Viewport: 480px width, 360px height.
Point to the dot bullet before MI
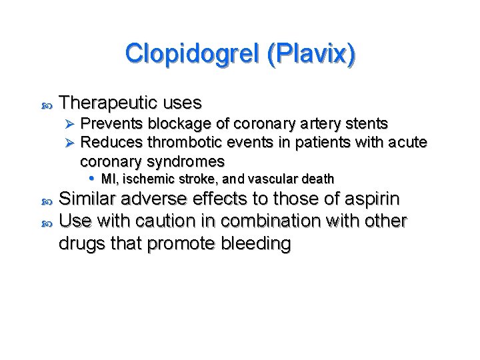[92, 179]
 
